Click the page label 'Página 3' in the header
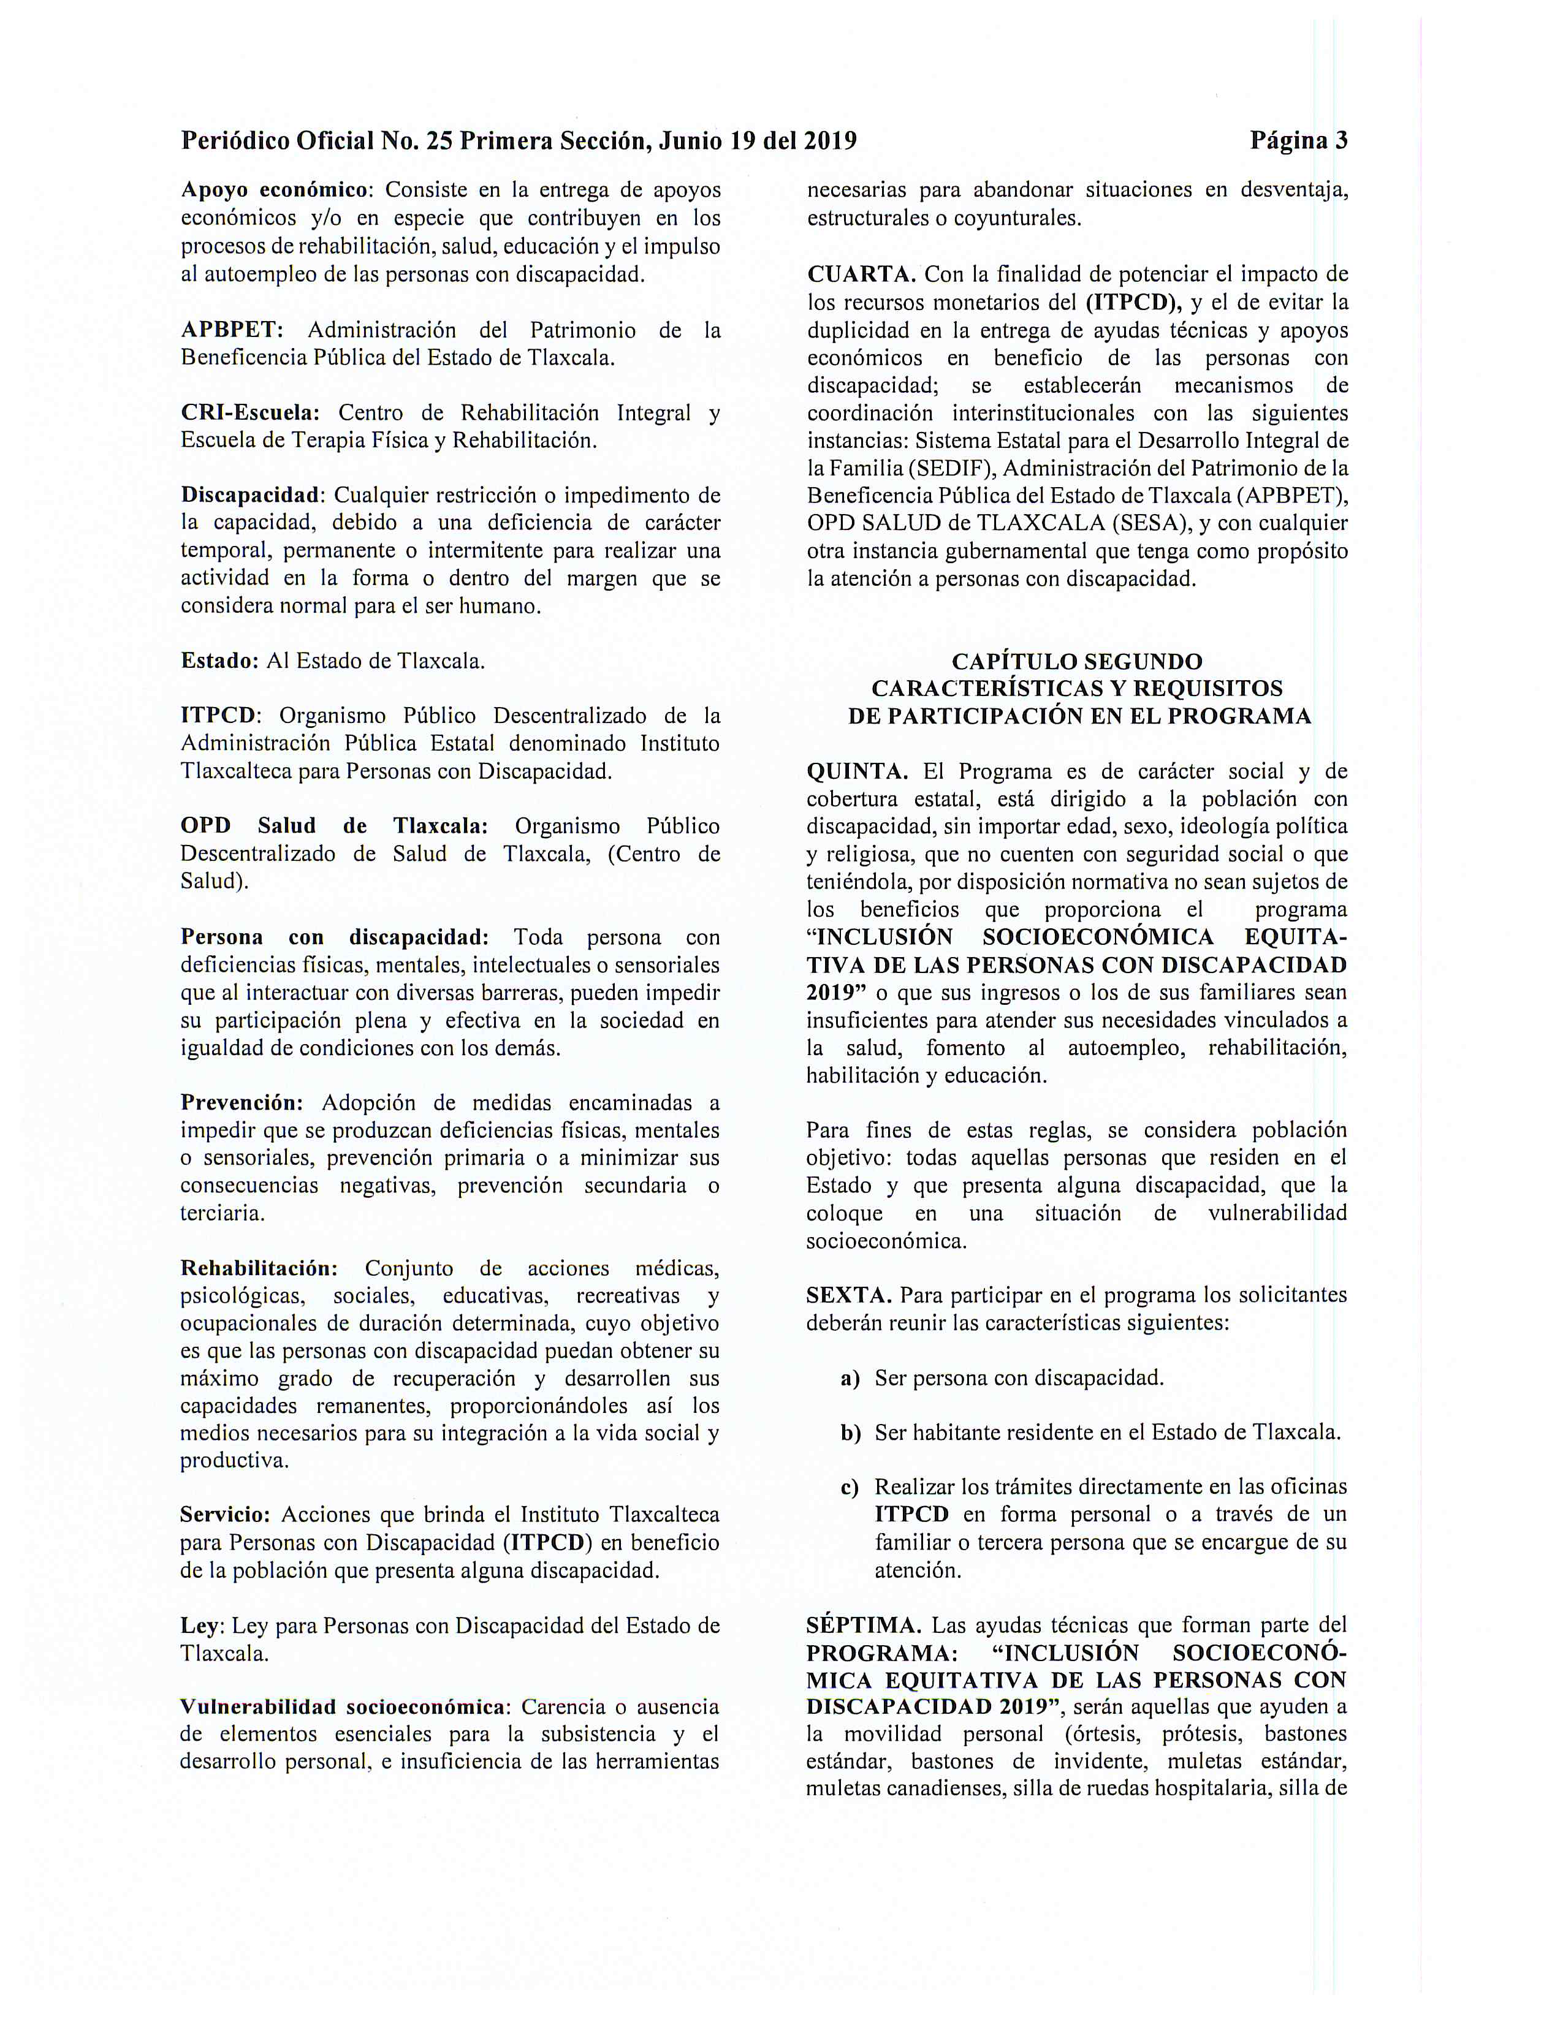tap(1298, 141)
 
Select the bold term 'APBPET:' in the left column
tap(232, 330)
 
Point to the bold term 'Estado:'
tap(219, 661)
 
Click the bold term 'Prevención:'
tap(241, 1103)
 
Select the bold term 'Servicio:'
tap(225, 1515)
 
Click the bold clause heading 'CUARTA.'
tap(861, 274)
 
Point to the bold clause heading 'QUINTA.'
tap(858, 771)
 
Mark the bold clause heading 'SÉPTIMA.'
tap(864, 1625)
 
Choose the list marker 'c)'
tap(849, 1488)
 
